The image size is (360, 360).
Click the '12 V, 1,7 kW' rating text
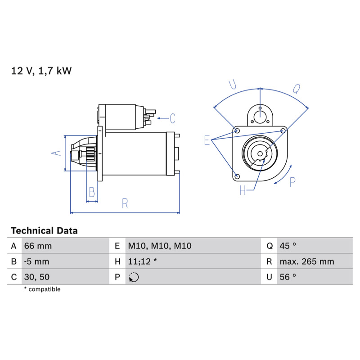[41, 71]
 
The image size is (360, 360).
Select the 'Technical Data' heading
[44, 230]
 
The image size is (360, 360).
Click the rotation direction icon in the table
[134, 277]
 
